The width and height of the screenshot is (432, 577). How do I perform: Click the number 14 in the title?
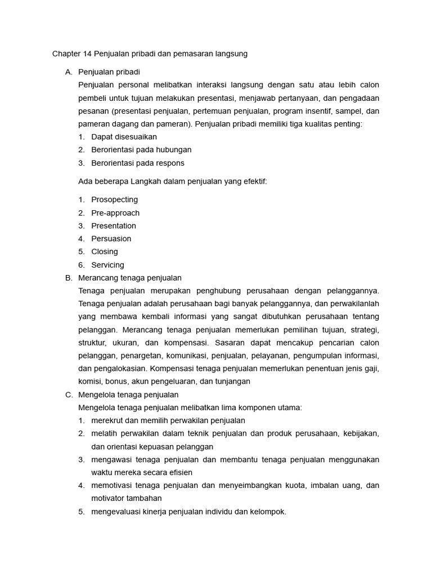click(88, 54)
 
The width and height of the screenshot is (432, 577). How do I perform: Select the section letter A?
click(68, 72)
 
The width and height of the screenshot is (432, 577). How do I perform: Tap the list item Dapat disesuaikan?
click(124, 137)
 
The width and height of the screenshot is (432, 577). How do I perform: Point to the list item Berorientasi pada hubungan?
click(141, 150)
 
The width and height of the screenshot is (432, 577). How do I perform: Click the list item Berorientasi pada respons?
click(138, 163)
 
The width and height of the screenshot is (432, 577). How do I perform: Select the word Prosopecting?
click(114, 199)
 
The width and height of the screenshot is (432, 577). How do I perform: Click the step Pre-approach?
click(115, 213)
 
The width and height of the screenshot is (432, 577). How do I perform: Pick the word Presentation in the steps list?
click(114, 226)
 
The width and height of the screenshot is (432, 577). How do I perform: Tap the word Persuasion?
click(111, 239)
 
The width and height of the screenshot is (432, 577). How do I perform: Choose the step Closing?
click(105, 252)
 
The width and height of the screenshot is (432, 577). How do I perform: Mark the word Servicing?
click(107, 265)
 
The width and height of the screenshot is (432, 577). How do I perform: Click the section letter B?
click(68, 278)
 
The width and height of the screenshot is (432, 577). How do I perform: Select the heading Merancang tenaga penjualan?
click(130, 278)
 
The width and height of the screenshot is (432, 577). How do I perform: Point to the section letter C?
click(68, 394)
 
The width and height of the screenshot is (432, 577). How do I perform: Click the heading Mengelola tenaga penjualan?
click(128, 394)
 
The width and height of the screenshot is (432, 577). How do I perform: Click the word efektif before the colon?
click(253, 181)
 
